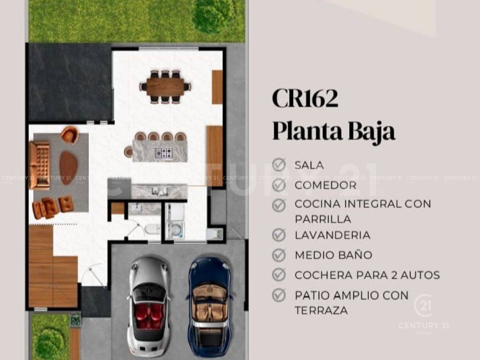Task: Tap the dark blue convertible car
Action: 210,307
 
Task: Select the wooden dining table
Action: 165,87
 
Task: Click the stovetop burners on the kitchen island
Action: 164,153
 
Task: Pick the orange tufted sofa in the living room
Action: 39,165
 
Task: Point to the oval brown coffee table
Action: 68,168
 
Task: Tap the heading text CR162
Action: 305,98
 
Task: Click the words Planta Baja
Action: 334,131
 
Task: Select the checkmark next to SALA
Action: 279,165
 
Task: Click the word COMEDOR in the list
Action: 325,185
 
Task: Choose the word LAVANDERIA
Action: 332,235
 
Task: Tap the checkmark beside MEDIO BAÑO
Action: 279,255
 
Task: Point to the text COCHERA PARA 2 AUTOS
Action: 367,275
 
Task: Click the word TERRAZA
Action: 321,310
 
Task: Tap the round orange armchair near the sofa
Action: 70,135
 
